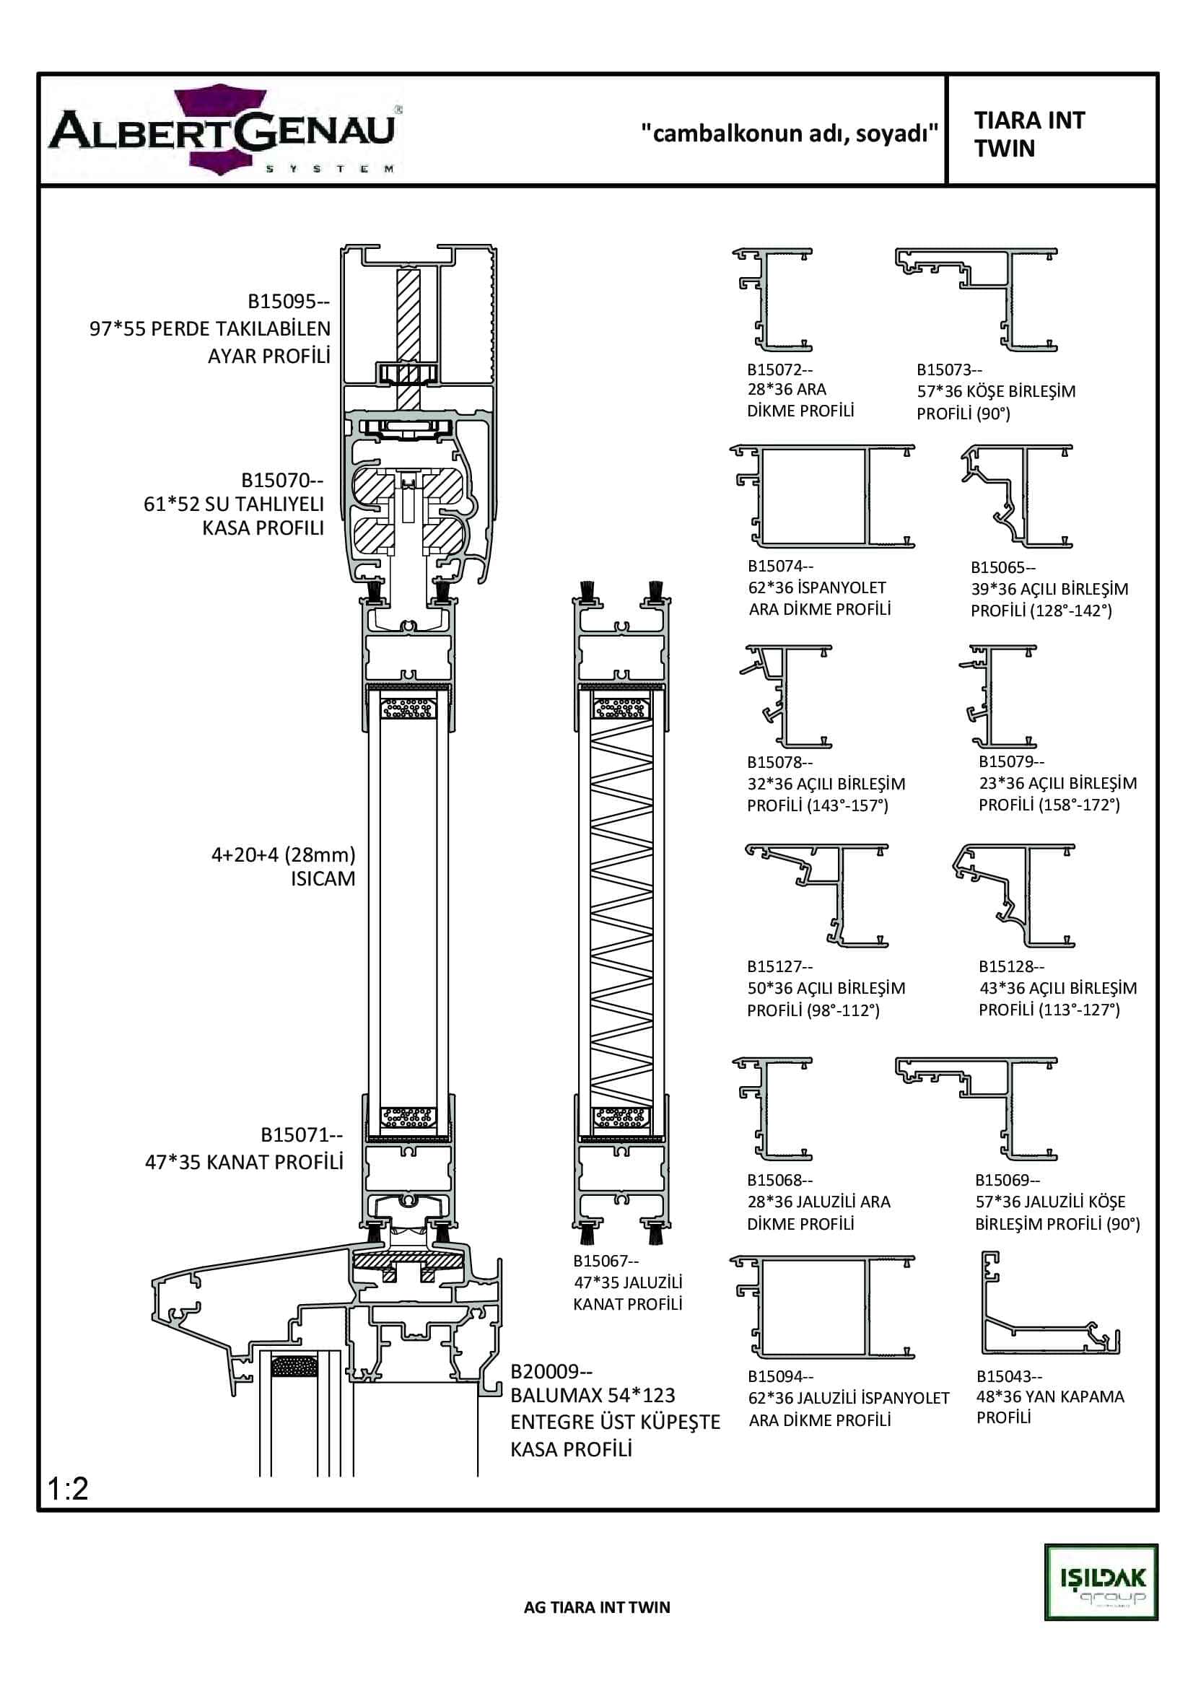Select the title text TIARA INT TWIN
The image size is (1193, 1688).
click(1029, 134)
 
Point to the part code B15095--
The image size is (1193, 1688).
click(288, 302)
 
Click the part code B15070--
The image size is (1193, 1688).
click(282, 480)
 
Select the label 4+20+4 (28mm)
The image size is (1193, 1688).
click(283, 854)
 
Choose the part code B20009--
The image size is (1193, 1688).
click(551, 1371)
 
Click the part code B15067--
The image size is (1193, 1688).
click(606, 1261)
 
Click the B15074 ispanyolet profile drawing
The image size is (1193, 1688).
click(823, 497)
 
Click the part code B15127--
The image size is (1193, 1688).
click(780, 966)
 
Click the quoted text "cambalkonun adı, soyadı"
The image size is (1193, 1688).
click(790, 133)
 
